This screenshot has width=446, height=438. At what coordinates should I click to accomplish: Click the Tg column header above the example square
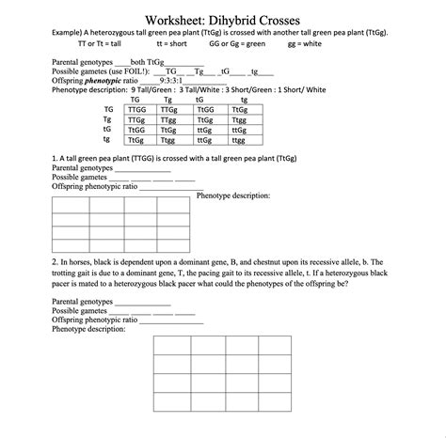(167, 98)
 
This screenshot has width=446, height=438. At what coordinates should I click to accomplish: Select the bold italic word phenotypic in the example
(103, 81)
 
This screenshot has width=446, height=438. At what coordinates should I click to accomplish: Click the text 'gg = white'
(307, 43)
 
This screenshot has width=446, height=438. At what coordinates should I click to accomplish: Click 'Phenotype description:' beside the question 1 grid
(233, 196)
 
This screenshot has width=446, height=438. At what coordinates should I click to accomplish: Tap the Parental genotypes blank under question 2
(142, 303)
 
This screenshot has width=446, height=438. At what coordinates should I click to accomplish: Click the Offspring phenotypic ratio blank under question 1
(166, 187)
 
